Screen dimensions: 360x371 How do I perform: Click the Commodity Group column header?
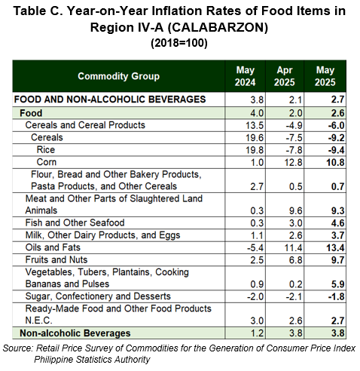tap(118, 76)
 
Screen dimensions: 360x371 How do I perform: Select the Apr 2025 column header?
tap(285, 76)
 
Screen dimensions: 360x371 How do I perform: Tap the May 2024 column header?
tap(245, 76)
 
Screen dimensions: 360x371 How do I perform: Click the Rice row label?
tap(46, 150)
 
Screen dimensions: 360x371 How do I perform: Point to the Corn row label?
tap(47, 162)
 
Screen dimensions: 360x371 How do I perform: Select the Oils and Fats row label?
tap(53, 247)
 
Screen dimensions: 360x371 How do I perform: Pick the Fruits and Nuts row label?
tap(56, 260)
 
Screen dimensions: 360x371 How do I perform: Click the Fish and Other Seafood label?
tap(75, 223)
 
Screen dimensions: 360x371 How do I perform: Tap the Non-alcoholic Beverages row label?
tap(75, 333)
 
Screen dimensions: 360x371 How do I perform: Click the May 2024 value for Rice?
tap(255, 150)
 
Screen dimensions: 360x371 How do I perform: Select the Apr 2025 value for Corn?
tap(293, 163)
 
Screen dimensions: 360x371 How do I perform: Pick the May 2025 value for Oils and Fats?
tap(335, 248)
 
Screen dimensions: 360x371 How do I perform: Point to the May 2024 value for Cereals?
tap(255, 138)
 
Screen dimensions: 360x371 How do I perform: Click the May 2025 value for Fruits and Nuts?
tap(337, 260)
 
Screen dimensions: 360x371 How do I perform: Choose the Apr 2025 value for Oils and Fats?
tap(293, 248)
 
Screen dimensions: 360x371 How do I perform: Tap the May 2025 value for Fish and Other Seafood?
tap(337, 223)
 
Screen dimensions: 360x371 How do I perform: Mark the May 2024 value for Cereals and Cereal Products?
tap(255, 126)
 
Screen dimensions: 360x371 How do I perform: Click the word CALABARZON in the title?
tap(218, 27)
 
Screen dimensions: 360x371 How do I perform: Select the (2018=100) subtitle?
tap(179, 43)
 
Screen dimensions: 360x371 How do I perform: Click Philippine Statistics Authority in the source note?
tap(92, 360)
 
